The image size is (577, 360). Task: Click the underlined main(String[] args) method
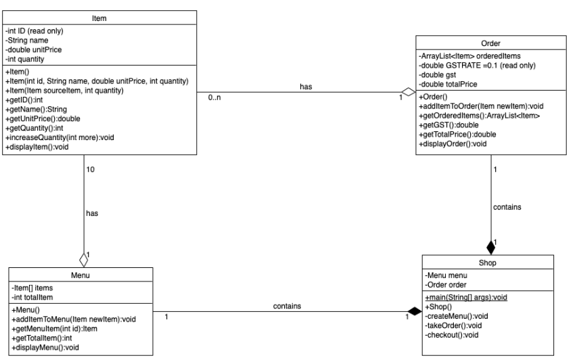(467, 297)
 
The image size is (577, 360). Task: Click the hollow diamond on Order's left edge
(409, 93)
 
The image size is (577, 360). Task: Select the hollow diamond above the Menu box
(84, 258)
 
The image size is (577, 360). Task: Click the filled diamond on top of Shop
(491, 248)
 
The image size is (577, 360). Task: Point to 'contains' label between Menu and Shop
(287, 307)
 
